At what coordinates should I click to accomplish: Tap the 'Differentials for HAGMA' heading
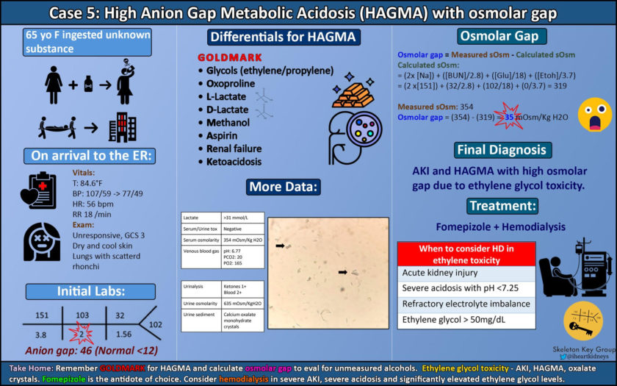(x=283, y=37)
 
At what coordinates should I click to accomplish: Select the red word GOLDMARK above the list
(x=227, y=57)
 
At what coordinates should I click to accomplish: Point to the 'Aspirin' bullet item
(x=223, y=135)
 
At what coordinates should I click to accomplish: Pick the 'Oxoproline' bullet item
(x=231, y=84)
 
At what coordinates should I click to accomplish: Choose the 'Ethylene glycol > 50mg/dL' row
(x=455, y=320)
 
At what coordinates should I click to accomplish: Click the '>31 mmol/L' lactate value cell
(x=239, y=219)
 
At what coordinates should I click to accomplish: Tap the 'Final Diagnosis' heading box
(x=502, y=150)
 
